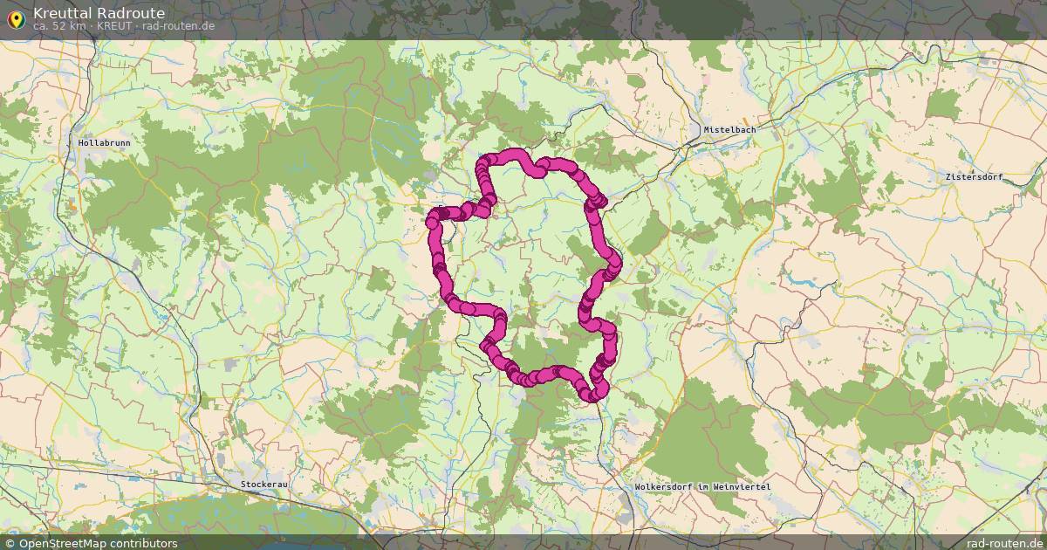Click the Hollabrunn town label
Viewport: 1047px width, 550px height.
104,142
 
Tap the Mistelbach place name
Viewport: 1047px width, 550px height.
729,130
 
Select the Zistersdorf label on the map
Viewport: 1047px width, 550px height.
974,177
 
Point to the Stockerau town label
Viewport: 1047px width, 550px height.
265,483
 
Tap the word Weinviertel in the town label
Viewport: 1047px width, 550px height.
744,486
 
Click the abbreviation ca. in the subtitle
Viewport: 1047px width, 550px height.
40,26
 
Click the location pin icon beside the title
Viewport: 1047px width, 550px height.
15,17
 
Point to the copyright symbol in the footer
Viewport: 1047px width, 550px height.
10,543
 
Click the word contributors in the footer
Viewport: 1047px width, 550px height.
146,543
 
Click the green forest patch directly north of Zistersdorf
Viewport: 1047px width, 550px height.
943,105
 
